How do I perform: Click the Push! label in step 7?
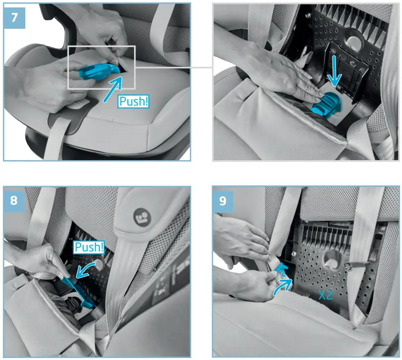(x=134, y=101)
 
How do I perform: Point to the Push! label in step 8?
(x=89, y=247)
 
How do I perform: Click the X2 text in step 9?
(x=326, y=296)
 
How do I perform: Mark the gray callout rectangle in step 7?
(x=101, y=47)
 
